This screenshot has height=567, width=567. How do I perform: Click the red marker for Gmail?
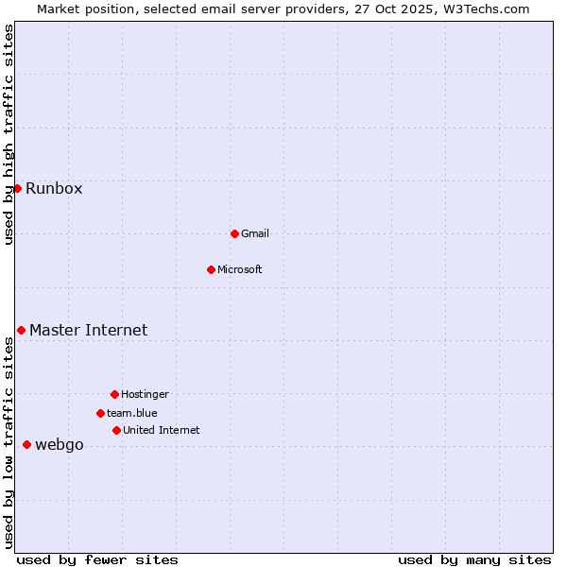[x=234, y=233]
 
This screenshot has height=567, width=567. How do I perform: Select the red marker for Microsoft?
[x=211, y=269]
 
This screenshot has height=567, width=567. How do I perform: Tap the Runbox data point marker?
[x=17, y=188]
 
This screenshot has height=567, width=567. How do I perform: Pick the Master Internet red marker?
[x=21, y=330]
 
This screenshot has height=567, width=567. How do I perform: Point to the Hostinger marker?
[x=114, y=394]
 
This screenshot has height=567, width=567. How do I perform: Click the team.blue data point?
[x=100, y=413]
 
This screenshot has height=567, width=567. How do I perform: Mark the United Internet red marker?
[x=116, y=430]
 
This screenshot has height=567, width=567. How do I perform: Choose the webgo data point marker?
[x=26, y=444]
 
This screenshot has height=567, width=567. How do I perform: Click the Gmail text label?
[x=255, y=233]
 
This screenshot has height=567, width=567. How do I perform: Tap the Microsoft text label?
[x=240, y=269]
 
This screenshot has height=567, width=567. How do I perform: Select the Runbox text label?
[x=54, y=188]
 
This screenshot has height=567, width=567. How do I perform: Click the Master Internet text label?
[x=89, y=330]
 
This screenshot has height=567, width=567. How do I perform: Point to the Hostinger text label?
[x=145, y=394]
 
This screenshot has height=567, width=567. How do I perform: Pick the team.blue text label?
[x=132, y=413]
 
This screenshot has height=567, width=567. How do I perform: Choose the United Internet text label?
[x=162, y=430]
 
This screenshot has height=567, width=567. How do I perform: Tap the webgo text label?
[x=60, y=445]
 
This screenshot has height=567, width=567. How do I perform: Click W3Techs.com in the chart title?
[x=485, y=9]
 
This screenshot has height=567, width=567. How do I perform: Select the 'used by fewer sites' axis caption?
[x=97, y=559]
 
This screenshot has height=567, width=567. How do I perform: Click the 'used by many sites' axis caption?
[x=474, y=559]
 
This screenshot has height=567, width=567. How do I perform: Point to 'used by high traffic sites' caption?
[x=9, y=134]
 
